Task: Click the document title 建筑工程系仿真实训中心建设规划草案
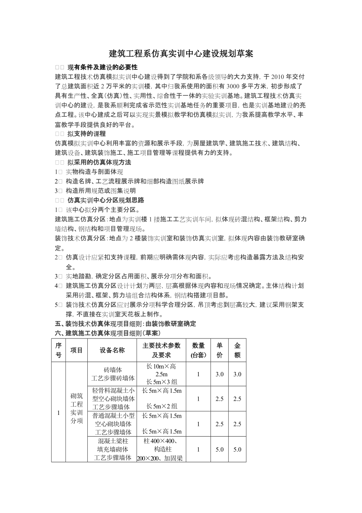(181, 54)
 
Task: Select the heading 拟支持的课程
(86, 134)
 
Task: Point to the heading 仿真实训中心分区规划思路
(105, 200)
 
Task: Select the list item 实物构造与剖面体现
(94, 172)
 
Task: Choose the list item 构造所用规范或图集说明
(101, 191)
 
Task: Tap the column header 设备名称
(112, 350)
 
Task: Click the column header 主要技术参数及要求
(161, 350)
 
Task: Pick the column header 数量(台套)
(198, 350)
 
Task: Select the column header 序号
(58, 350)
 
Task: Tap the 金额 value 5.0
(237, 450)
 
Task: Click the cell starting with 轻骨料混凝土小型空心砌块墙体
(113, 399)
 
